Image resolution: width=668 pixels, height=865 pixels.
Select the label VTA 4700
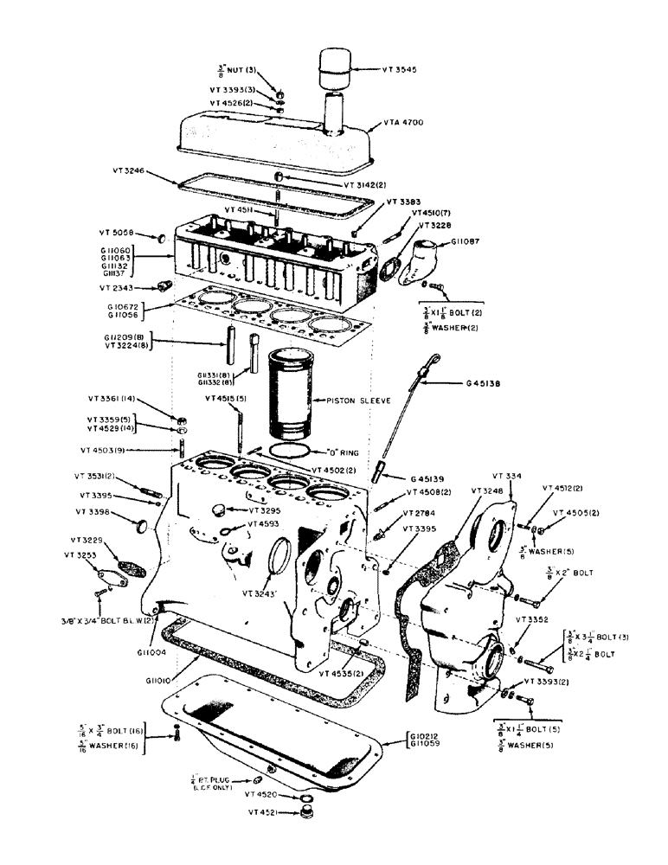point(402,123)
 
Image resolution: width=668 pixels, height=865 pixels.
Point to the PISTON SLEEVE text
point(354,400)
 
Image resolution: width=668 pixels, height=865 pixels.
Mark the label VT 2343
point(118,286)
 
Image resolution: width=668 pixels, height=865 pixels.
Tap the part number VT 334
point(505,476)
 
